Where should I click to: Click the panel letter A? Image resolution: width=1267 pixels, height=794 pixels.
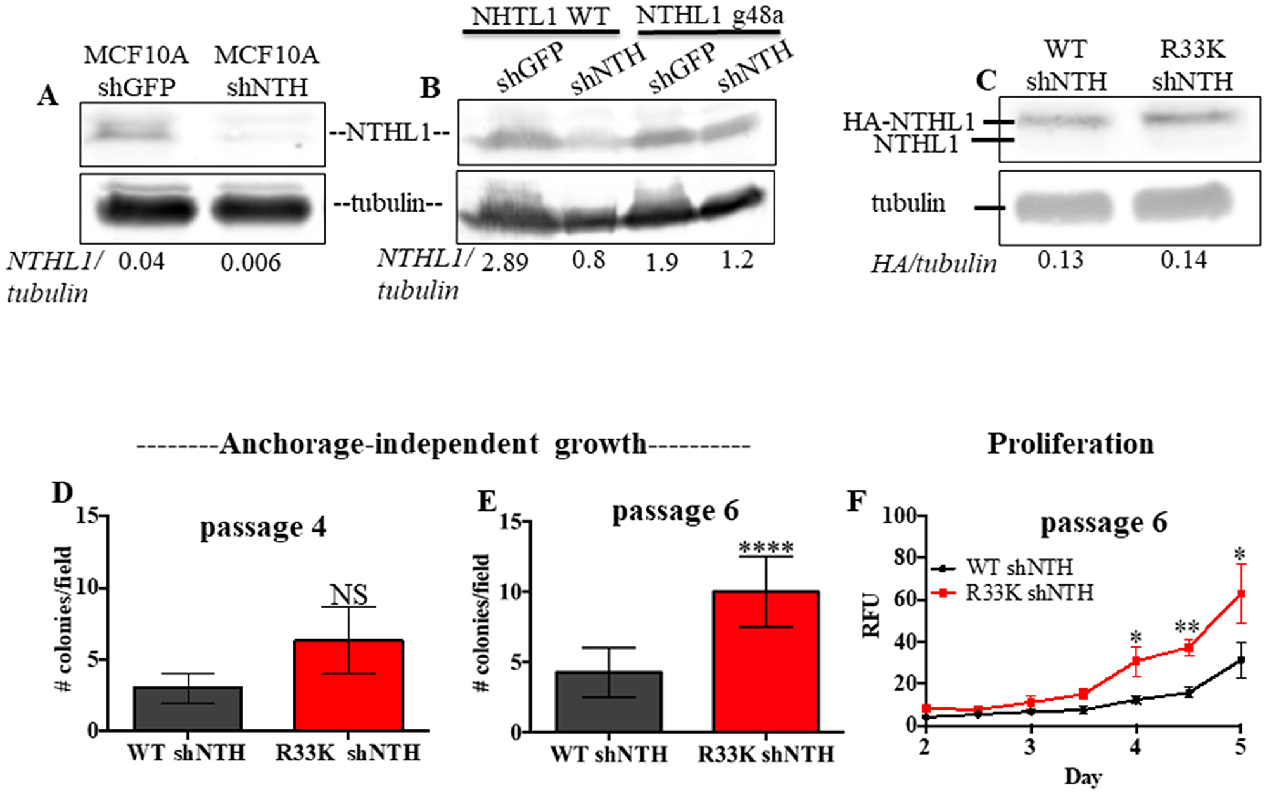48,97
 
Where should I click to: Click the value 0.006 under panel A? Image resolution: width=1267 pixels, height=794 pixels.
251,262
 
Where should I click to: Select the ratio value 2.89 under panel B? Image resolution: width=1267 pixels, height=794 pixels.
504,261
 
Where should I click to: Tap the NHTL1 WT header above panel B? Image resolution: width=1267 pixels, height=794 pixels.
540,17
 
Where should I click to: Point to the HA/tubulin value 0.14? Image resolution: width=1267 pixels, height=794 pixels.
1183,260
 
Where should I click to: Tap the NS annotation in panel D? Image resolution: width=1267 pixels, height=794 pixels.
349,594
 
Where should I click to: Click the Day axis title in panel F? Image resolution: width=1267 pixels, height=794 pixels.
1083,776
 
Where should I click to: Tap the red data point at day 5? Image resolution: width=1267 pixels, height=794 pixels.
1240,594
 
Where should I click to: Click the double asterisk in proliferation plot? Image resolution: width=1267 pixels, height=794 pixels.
1187,628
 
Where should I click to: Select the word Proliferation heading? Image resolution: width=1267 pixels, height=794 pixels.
1070,444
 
